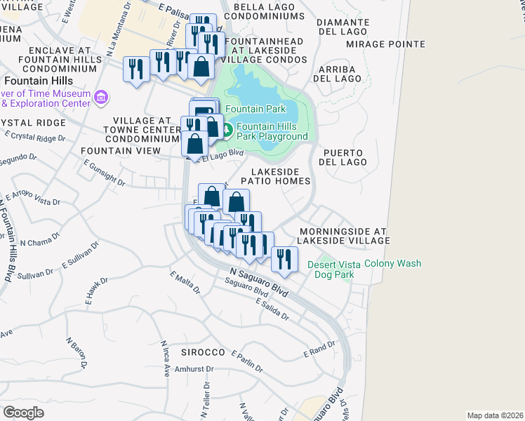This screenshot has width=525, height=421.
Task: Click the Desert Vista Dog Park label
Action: coord(333,269)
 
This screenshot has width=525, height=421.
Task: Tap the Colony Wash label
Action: coord(393,264)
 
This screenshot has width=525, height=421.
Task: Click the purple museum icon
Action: coord(102,97)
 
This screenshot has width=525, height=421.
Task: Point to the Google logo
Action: coord(23,413)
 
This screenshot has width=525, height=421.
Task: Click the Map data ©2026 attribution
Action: coord(495,415)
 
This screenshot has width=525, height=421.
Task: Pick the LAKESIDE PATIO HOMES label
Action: coord(275,176)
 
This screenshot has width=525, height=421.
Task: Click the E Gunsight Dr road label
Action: coord(103,173)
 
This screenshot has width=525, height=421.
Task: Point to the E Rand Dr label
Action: coord(319,349)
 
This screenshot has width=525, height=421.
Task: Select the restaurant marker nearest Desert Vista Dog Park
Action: coord(284,259)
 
